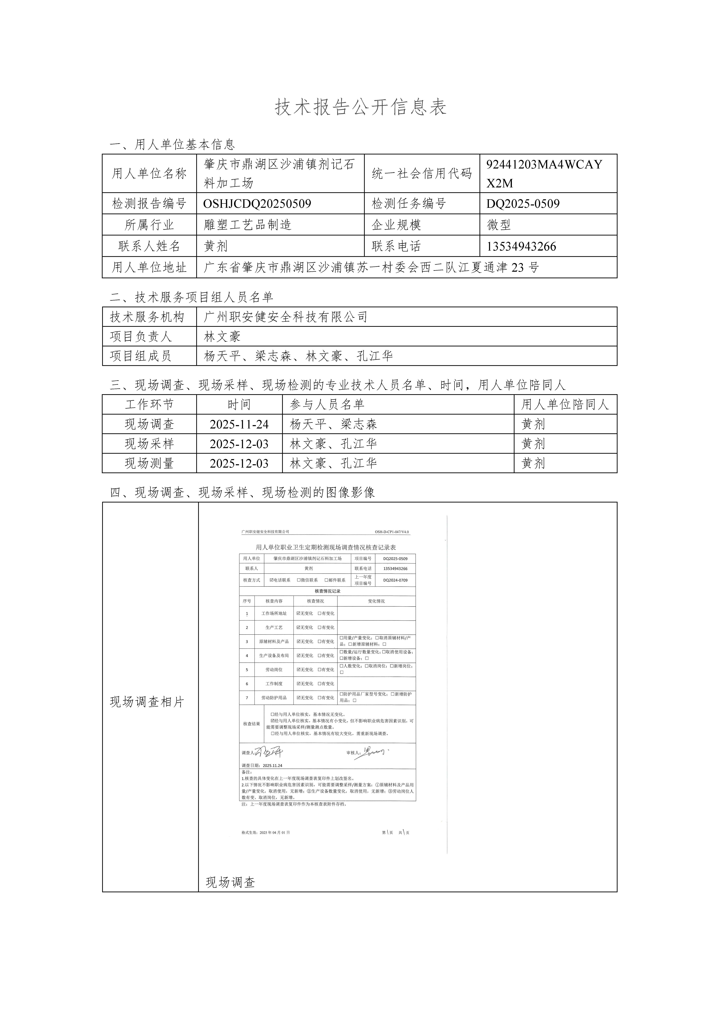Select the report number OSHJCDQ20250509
[x=257, y=204]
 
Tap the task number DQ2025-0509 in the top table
[x=523, y=204]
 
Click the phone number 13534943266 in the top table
[x=521, y=246]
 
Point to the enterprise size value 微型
[x=499, y=225]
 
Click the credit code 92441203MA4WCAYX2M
[x=544, y=173]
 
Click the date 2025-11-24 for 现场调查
[x=239, y=424]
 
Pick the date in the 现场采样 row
[x=239, y=444]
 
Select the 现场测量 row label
[x=149, y=463]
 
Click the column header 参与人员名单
[x=327, y=405]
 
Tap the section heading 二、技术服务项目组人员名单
[x=192, y=297]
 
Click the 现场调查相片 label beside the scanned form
[x=147, y=702]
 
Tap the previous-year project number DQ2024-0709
[x=395, y=580]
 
